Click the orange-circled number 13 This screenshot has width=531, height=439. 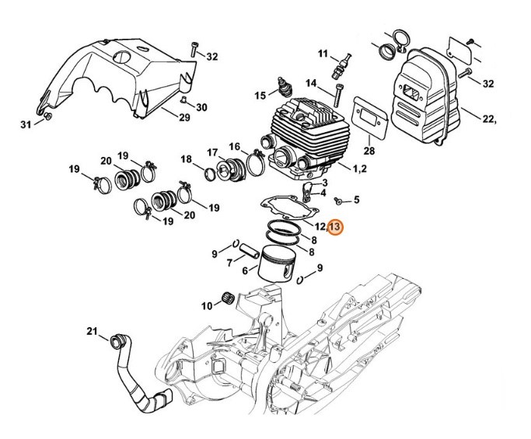click(x=334, y=227)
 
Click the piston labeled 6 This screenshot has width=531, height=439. click(x=276, y=267)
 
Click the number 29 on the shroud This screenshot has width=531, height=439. click(x=184, y=118)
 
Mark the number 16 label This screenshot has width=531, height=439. click(x=234, y=146)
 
